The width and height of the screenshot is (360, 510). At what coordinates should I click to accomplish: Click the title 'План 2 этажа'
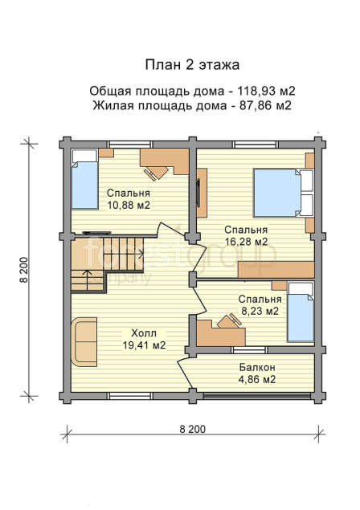192,65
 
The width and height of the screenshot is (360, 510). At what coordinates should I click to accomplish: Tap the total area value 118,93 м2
266,91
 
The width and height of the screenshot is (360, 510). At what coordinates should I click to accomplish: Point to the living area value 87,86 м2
265,106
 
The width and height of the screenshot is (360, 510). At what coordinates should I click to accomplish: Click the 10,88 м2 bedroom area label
129,206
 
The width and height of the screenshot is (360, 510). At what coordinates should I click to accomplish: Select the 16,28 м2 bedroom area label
247,242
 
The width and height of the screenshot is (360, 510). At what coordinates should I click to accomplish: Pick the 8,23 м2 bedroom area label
260,312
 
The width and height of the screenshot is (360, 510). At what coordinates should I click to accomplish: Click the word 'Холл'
144,333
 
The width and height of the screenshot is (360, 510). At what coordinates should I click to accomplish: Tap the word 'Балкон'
257,368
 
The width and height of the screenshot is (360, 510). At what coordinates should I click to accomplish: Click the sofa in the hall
84,342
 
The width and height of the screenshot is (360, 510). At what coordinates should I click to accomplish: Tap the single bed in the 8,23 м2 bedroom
301,312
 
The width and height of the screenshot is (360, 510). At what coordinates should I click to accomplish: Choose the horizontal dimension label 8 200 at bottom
192,429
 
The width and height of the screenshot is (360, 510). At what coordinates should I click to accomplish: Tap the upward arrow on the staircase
88,279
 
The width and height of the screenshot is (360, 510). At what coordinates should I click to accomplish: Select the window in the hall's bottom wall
130,396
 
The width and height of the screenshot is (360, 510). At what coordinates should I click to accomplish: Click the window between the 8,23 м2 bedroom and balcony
249,349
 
